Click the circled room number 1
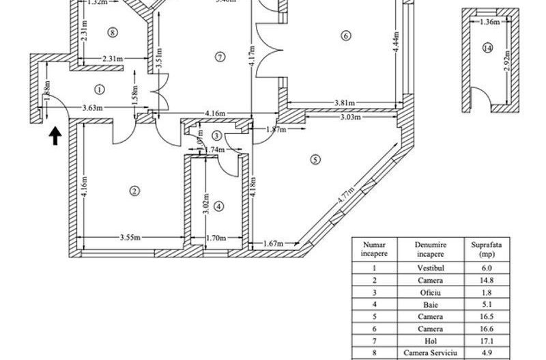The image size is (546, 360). point(100,89)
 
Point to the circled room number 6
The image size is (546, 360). point(346,36)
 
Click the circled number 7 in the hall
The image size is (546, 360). point(219,57)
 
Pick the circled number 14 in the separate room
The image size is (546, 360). point(487,48)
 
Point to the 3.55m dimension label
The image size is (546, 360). point(130,238)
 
